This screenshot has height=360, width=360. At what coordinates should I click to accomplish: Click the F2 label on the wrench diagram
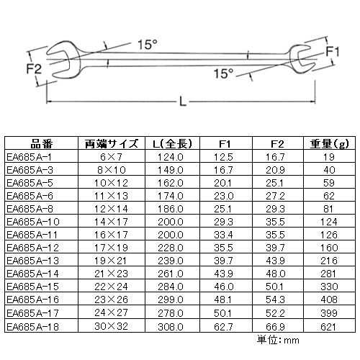coord(34,69)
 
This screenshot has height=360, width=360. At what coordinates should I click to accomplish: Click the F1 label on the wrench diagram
coord(332,51)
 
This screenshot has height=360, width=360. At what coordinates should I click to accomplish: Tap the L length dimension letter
coord(183,102)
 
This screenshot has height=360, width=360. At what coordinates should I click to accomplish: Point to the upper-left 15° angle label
coord(148,45)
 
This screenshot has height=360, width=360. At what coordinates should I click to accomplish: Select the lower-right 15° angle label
coord(224,73)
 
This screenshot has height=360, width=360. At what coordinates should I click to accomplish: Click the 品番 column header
coord(41,144)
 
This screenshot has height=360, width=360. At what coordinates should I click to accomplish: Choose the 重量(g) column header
coord(329,144)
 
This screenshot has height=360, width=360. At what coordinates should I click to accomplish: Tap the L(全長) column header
coord(172,144)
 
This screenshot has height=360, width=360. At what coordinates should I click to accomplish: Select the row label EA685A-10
coord(33,222)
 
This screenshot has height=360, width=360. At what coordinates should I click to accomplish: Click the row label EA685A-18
coord(33,327)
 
